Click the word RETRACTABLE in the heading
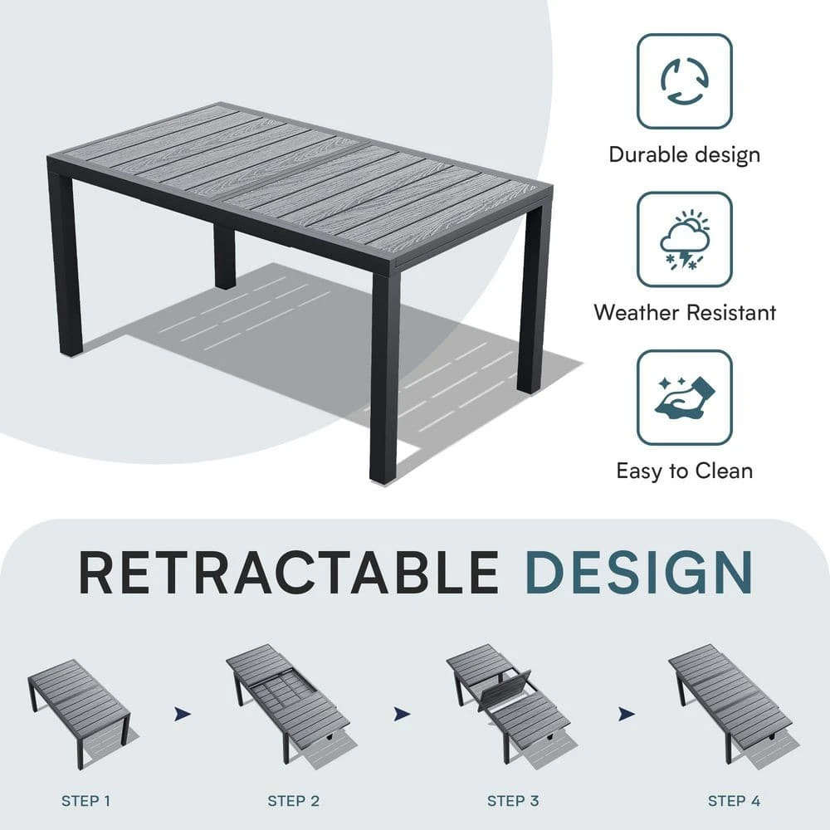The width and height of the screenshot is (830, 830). [x=289, y=573]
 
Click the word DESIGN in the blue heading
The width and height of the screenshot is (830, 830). [x=639, y=573]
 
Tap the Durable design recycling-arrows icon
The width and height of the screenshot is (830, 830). [x=685, y=81]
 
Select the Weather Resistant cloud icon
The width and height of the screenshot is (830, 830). [x=685, y=239]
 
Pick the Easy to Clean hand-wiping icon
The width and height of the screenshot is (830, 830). [x=685, y=397]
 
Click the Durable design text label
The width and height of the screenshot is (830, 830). [x=685, y=154]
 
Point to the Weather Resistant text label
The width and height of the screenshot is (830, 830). [x=685, y=312]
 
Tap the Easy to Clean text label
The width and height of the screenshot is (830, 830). [x=685, y=471]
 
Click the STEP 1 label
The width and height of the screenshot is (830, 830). [x=85, y=801]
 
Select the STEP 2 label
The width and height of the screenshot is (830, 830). [x=294, y=801]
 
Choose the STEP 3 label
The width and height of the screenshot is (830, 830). [x=513, y=801]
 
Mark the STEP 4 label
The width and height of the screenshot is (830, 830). [x=735, y=801]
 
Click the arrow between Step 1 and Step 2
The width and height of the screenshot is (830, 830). [x=183, y=714]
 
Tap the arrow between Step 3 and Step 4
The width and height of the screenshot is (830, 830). [x=627, y=714]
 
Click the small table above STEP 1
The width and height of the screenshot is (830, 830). [x=80, y=710]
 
